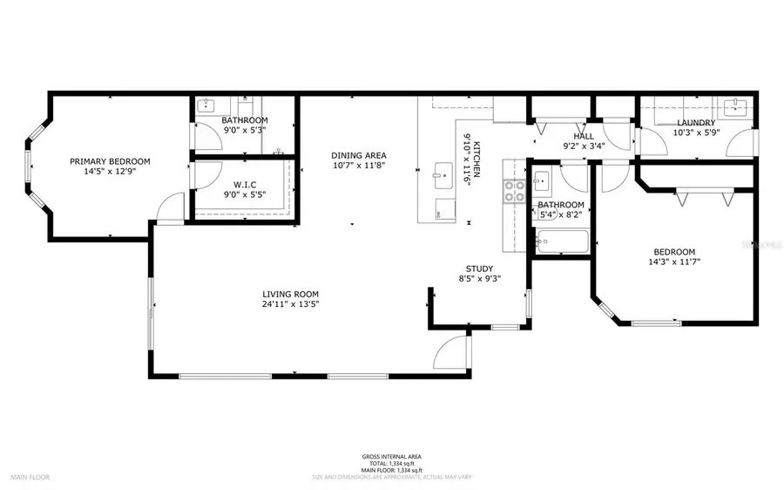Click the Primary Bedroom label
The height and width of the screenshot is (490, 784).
point(110,161)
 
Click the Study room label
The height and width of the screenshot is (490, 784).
point(479,269)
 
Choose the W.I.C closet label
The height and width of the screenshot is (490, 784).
point(244,184)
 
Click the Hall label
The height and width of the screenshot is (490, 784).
point(584,136)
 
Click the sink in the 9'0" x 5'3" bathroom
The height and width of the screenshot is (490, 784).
point(206,106)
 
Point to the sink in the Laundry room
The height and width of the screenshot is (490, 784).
point(740,107)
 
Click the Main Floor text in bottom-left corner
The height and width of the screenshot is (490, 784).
point(30,477)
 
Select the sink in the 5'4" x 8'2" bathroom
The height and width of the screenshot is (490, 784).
point(541,182)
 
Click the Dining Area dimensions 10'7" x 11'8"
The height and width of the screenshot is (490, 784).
point(357,165)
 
